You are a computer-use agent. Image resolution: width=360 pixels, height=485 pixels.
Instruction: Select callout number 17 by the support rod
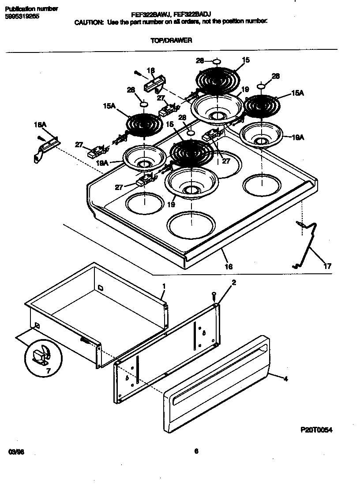click(x=327, y=266)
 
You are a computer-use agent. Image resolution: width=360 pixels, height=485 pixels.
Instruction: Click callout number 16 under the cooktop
click(x=229, y=266)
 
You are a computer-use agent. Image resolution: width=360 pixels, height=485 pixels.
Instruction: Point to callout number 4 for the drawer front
click(x=285, y=378)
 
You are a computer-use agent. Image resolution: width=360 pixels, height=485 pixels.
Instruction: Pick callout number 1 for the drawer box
click(x=163, y=286)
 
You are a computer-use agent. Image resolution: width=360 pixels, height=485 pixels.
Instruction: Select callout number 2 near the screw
click(x=234, y=283)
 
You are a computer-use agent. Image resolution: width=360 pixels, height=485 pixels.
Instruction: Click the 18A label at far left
click(x=40, y=125)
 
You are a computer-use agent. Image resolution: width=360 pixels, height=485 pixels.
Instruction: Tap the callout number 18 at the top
click(x=150, y=70)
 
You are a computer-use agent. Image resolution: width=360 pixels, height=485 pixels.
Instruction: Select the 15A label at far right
click(x=298, y=93)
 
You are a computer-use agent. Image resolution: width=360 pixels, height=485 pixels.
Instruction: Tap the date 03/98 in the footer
click(x=15, y=451)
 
